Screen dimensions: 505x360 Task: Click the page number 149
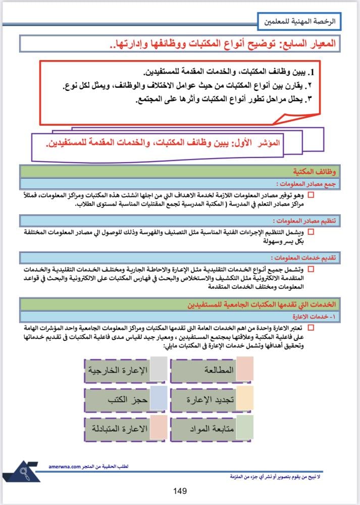click(180, 491)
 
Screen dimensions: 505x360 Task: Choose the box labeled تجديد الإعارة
click(212, 400)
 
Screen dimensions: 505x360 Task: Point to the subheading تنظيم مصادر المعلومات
click(303, 221)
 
